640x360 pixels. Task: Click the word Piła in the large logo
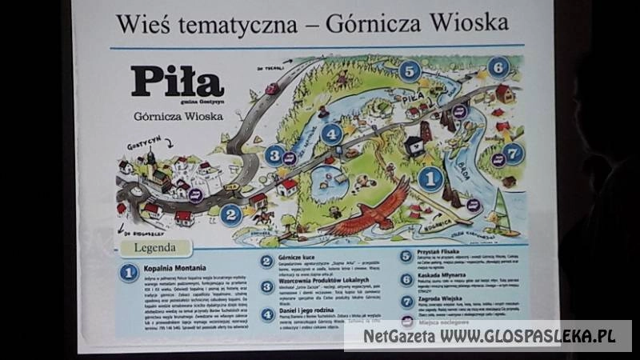point(178,82)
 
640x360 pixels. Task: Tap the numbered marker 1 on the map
point(430,178)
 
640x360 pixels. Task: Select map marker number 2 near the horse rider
point(230,214)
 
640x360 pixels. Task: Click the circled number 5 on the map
point(409,71)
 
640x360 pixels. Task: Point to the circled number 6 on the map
point(498,67)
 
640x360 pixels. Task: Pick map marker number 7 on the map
point(513,153)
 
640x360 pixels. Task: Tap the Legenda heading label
point(155,248)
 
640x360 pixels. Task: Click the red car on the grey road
point(272,89)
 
